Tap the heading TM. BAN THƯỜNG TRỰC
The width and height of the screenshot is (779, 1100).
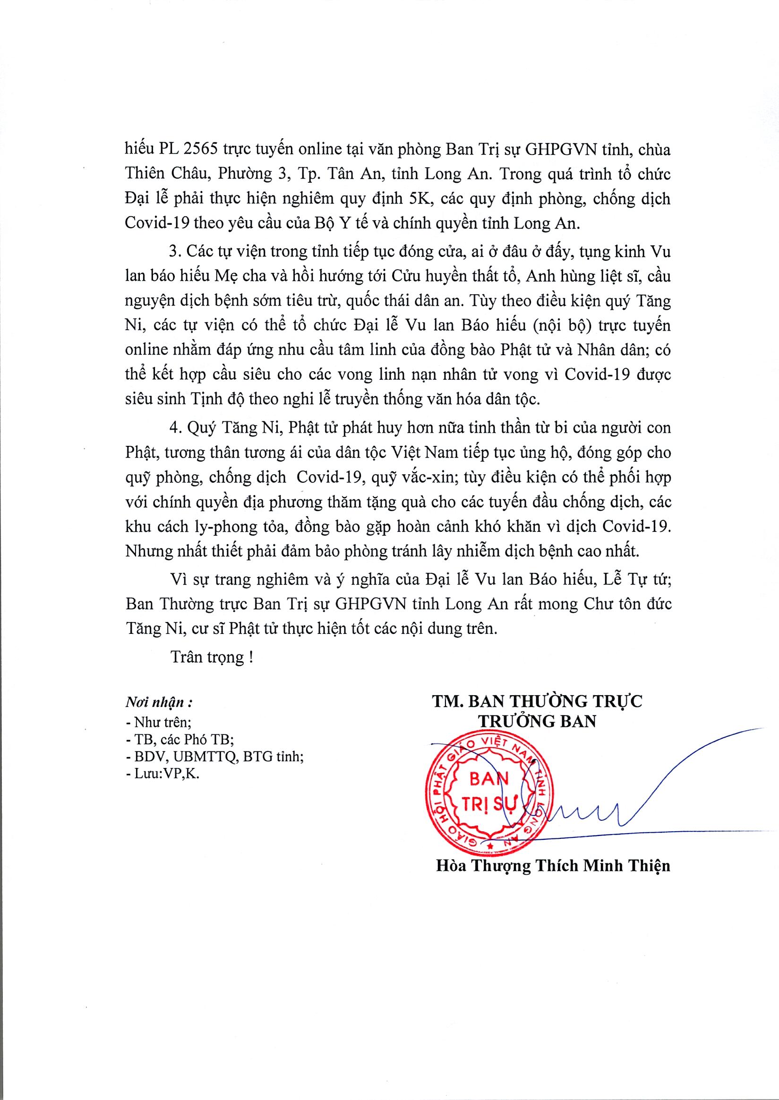point(537,701)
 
